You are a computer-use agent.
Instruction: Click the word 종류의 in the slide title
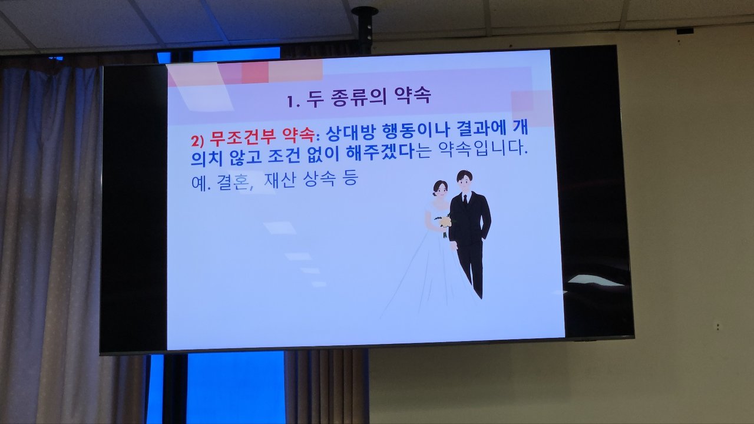click(359, 98)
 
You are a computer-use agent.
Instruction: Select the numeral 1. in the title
click(293, 101)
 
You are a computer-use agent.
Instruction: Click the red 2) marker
click(197, 141)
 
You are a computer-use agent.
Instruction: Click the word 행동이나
click(416, 131)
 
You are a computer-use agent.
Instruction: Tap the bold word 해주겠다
click(381, 153)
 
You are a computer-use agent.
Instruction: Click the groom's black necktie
click(465, 201)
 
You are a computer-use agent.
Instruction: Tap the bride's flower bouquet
click(445, 223)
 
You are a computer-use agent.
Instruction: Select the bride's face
click(440, 191)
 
